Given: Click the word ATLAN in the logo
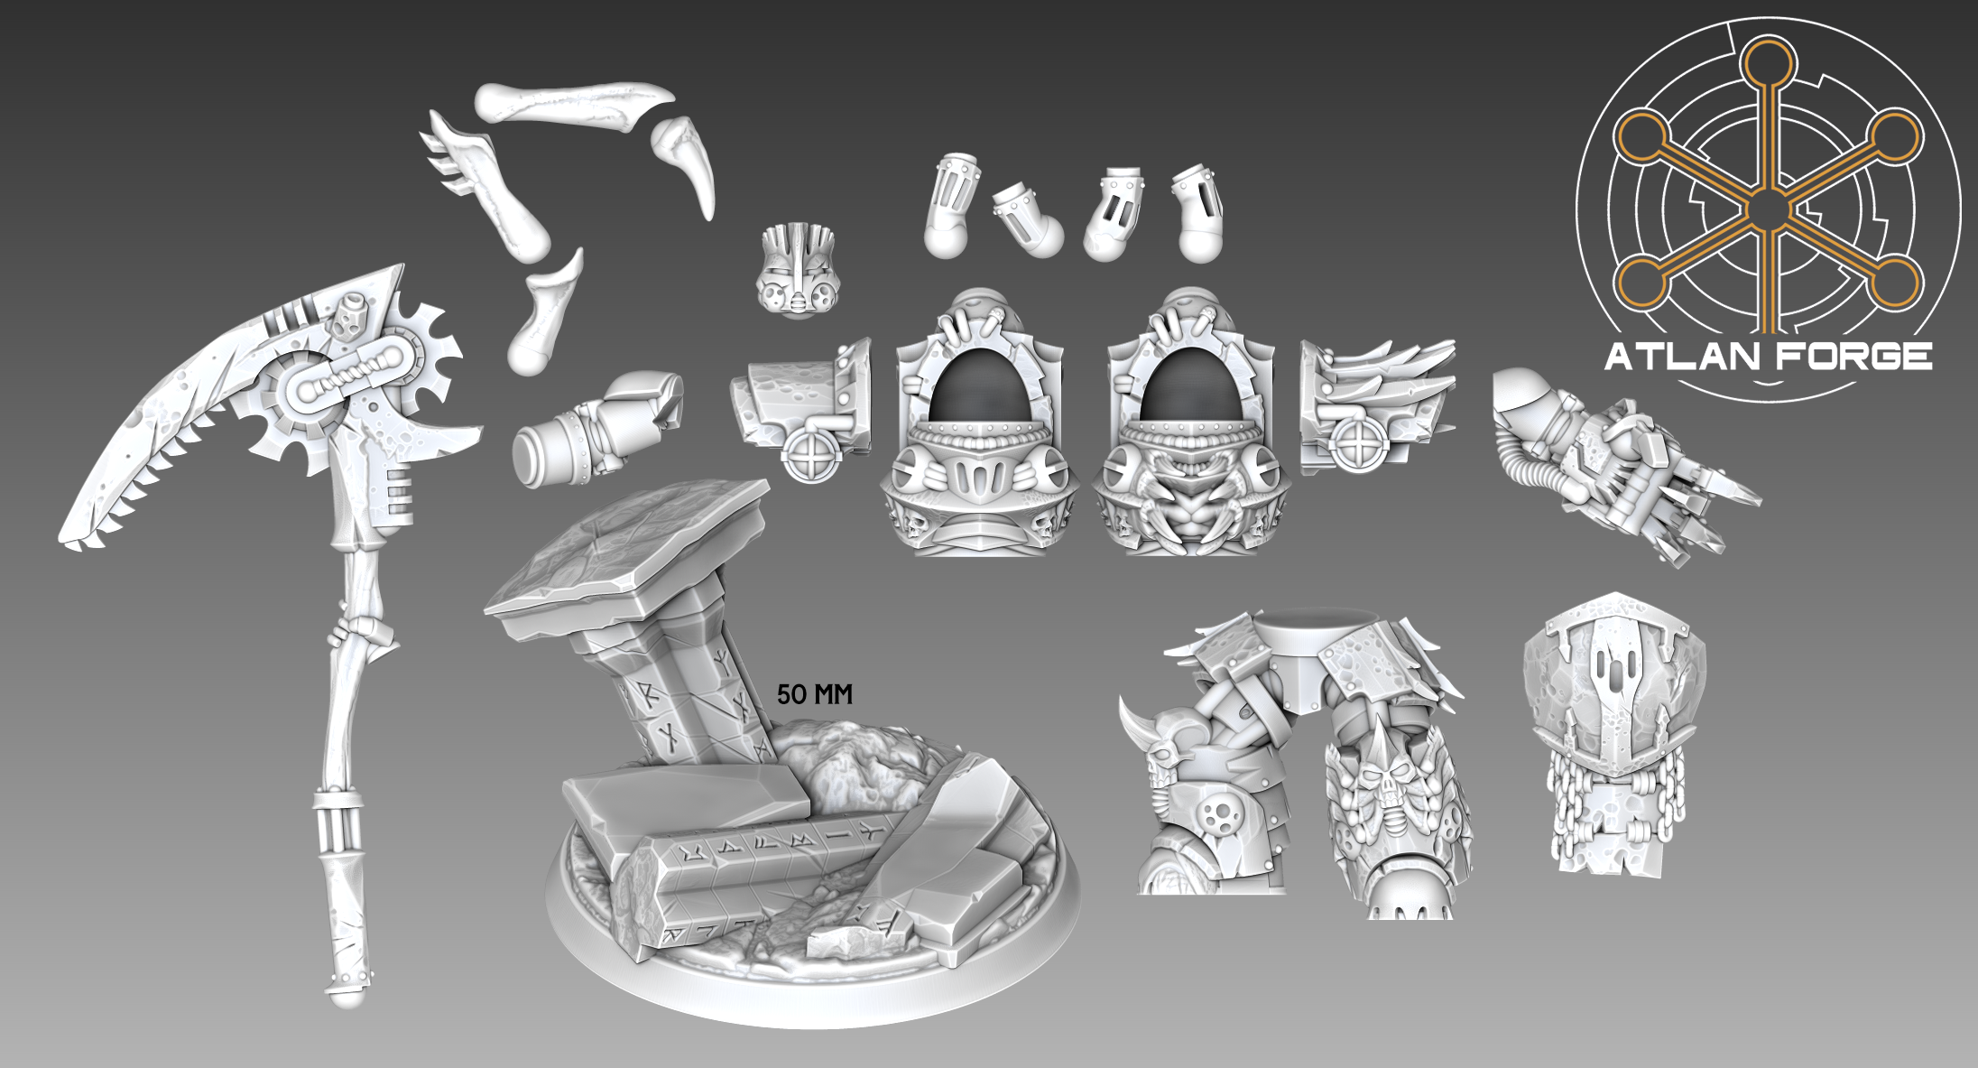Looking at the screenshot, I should point(1681,357).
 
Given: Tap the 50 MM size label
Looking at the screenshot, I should point(814,694).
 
